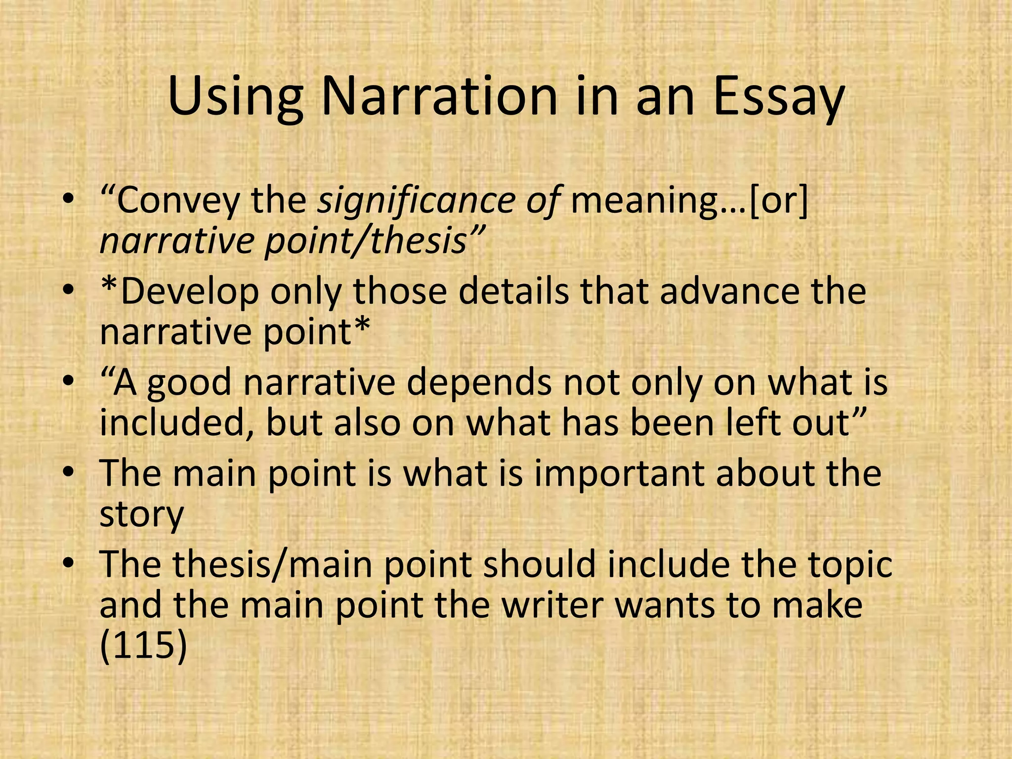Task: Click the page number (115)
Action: (143, 646)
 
